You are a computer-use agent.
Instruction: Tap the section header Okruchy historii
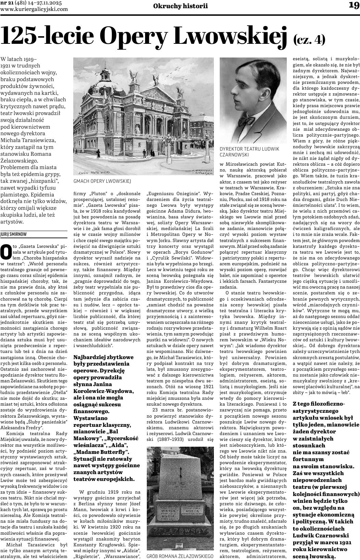[x=180, y=6]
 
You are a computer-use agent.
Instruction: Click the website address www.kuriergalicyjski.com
[x=34, y=9]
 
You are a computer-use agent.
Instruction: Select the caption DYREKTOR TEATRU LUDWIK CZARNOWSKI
[x=249, y=152]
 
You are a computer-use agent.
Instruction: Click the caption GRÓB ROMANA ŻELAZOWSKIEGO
[x=180, y=557]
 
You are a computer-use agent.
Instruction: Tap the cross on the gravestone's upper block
[x=180, y=474]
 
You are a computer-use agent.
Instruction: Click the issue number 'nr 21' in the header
[x=7, y=3]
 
